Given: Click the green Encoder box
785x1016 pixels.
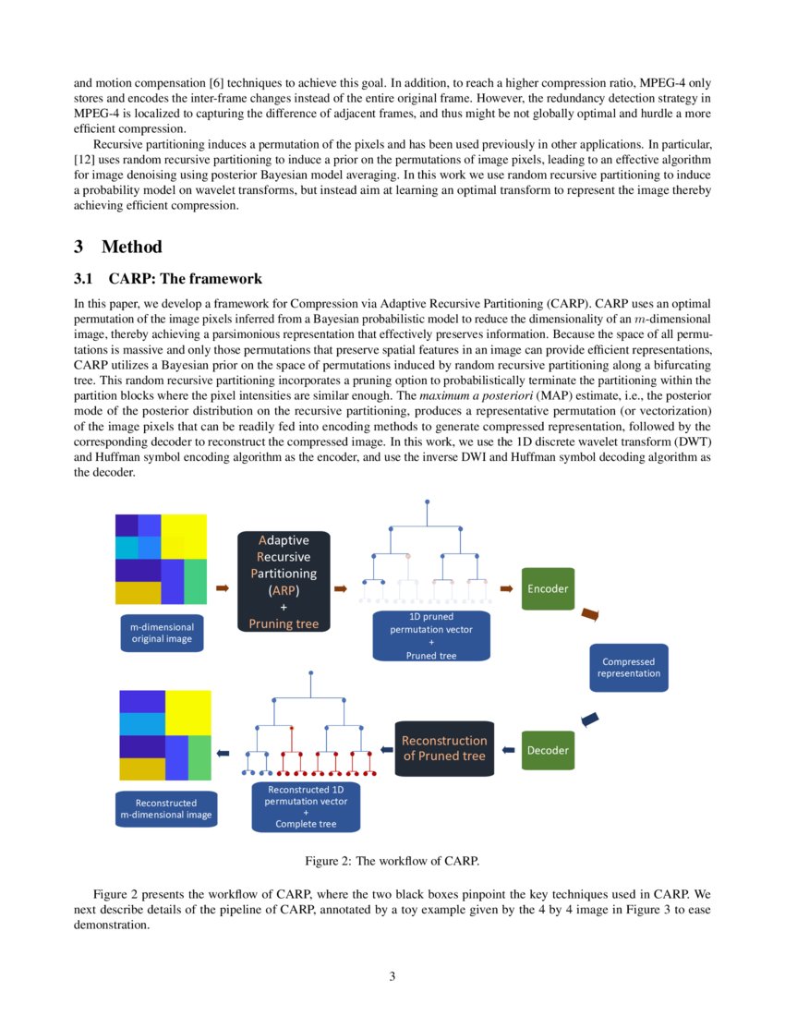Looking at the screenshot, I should coord(548,588).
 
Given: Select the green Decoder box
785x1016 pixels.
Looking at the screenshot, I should coord(548,750).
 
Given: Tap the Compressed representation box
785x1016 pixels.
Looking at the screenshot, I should coord(628,667).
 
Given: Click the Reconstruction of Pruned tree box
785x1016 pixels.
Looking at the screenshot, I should coord(444,748).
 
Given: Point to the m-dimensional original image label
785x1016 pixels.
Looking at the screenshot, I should coord(162,633).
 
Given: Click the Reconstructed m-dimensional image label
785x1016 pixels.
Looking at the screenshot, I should coord(166,808).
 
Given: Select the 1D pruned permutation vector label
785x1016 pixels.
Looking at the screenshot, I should coord(431,635).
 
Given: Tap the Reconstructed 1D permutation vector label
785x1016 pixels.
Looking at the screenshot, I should coord(306,806).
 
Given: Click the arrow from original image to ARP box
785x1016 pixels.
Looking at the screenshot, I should coord(222,587).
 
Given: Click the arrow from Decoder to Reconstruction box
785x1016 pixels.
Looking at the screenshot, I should coord(508,749).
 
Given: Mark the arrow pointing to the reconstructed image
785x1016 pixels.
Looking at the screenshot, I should coord(222,754).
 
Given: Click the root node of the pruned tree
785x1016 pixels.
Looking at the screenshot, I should coord(427,502).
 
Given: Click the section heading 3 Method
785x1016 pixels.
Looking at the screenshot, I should coord(117,247).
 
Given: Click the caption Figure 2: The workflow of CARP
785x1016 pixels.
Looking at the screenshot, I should coord(392,861).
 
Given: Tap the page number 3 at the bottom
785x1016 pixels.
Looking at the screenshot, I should coord(392,976).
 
